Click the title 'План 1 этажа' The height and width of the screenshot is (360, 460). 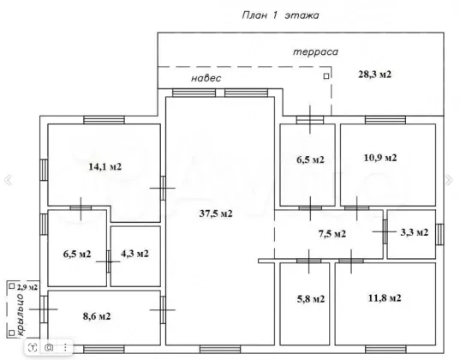pos(280,15)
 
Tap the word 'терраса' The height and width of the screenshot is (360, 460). pos(315,52)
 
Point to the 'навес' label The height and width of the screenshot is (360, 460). pos(206,78)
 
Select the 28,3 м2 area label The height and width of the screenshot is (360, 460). pos(374,75)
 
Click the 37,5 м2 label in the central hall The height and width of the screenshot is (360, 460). pos(216,213)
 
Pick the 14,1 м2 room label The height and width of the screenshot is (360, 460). pos(105,167)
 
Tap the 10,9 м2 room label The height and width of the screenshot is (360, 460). pos(380,158)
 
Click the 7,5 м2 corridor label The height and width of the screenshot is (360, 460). pos(332,234)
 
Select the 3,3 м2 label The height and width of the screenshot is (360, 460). pos(415,232)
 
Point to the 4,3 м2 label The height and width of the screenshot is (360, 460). pos(134,254)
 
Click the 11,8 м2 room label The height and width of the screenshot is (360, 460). pos(385,298)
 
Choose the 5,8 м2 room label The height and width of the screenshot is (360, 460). pos(311,299)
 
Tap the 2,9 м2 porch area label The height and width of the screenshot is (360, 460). pos(27,287)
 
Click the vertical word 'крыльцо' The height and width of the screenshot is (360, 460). pos(21,315)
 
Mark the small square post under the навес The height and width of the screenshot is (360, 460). pos(326,76)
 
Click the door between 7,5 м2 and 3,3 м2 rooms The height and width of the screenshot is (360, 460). pos(385,231)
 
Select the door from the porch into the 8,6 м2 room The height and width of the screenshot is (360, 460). pos(44,309)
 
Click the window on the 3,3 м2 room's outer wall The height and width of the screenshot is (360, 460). pos(439,234)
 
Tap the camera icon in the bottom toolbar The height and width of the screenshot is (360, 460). pos(49,348)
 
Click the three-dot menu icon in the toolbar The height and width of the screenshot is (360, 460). pos(65,348)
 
